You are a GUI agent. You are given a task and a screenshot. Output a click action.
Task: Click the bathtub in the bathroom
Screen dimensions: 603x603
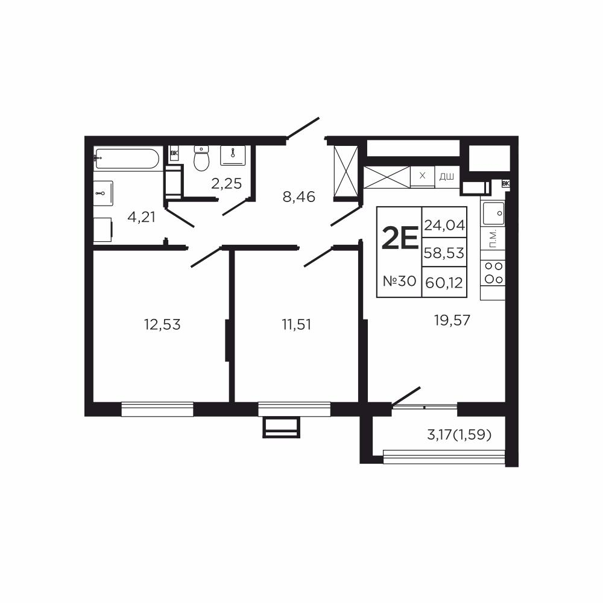[x=126, y=159]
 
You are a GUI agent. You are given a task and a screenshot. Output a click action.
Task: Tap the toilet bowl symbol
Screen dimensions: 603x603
[x=201, y=158]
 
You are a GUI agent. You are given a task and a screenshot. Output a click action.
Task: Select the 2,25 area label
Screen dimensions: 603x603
[x=227, y=184]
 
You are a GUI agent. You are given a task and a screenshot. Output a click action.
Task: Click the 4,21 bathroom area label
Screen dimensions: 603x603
[x=142, y=217]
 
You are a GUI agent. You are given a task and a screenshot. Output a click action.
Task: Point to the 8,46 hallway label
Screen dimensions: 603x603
[x=299, y=197]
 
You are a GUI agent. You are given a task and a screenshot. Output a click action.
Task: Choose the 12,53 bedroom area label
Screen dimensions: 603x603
[x=162, y=324]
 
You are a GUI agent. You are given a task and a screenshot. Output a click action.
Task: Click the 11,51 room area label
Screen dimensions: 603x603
[x=296, y=324]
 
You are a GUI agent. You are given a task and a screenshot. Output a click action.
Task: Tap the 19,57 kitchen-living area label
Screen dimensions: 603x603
[x=452, y=320]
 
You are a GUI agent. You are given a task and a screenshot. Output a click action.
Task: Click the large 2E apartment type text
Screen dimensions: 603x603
[x=400, y=238]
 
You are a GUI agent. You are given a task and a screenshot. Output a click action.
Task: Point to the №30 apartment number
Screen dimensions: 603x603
[x=400, y=281]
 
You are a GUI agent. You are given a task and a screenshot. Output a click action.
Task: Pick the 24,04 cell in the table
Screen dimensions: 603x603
[x=444, y=224]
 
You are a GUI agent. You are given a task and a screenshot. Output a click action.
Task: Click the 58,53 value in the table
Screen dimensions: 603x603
[x=444, y=253]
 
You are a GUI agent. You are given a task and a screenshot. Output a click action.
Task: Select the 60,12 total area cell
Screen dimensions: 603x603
[x=444, y=283]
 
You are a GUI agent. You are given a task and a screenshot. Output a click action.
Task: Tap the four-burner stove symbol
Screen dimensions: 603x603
[x=493, y=273]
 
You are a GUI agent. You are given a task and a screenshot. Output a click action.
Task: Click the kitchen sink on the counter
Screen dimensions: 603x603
[x=493, y=213]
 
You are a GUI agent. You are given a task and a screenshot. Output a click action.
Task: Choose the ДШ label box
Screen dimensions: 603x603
[x=447, y=177]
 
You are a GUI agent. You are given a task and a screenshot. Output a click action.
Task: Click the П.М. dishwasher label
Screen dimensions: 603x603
[x=493, y=238]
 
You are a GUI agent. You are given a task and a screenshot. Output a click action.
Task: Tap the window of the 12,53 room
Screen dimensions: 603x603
[x=157, y=409]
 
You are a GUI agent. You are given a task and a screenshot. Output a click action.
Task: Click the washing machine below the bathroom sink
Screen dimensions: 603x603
[x=103, y=230]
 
